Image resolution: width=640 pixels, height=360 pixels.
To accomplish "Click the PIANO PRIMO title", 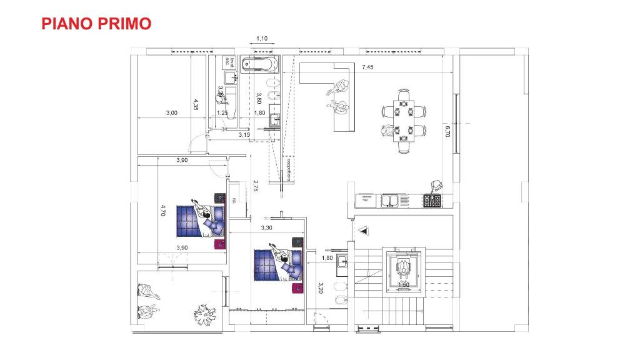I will point(96,24).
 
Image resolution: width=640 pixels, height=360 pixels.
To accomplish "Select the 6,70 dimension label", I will point(447,132).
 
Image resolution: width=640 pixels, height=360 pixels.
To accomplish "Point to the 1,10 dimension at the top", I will point(262,39).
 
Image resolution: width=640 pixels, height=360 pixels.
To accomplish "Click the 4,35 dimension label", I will point(196,104).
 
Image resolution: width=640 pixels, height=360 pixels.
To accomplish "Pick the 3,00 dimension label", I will point(171,113).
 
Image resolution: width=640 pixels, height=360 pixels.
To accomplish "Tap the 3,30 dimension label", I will point(267,228).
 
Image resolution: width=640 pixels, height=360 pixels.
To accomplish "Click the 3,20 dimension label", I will point(320,288).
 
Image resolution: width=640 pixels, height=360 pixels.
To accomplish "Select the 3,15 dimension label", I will point(244,134).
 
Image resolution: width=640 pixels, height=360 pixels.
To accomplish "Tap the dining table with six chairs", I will point(404,121).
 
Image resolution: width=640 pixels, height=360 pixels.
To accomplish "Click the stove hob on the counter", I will point(432,201).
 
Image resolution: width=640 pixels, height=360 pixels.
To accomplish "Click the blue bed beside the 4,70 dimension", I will point(196,221).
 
